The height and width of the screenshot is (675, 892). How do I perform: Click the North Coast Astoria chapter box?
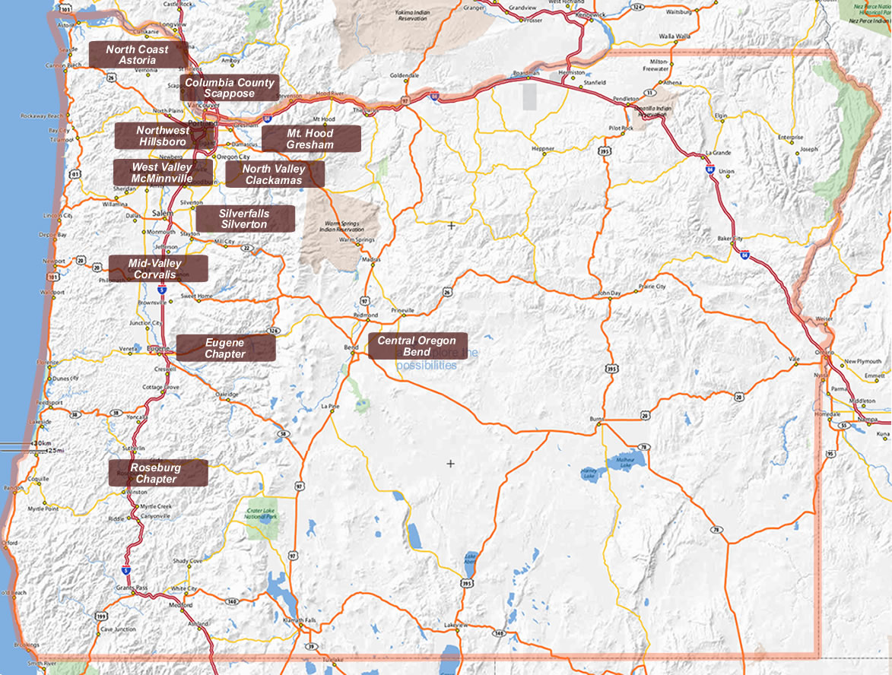coord(138,55)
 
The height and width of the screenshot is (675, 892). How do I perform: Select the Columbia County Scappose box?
coord(229,87)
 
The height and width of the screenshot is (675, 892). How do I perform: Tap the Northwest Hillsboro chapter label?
coord(163,136)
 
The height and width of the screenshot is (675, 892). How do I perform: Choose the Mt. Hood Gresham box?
coord(310,138)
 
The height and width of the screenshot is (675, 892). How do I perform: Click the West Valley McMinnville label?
coord(161,173)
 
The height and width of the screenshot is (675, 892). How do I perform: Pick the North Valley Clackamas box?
coord(274,174)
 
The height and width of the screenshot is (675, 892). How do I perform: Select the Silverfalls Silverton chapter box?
coord(244,219)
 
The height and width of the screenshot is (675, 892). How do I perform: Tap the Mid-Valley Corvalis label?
coord(157,268)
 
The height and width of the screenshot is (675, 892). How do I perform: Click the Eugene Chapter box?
coord(225,348)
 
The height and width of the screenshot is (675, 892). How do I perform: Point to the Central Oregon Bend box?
coord(417,346)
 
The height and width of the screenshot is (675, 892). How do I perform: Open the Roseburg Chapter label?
coord(157,473)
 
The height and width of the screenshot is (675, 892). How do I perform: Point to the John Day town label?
coord(610,293)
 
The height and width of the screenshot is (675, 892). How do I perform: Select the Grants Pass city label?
coord(130,588)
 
